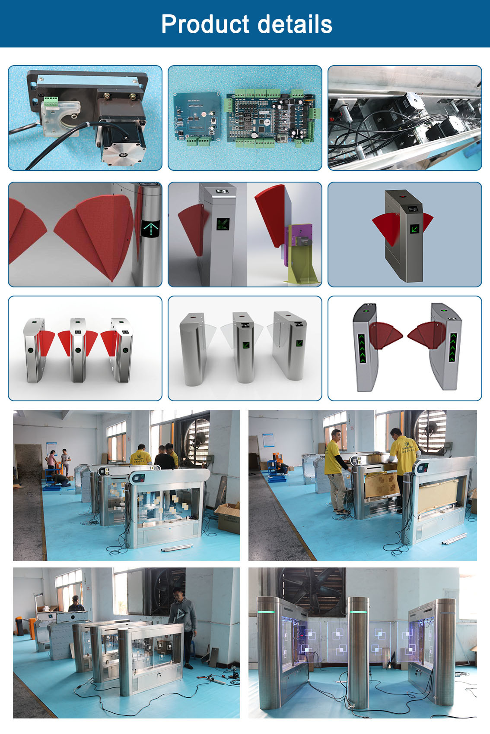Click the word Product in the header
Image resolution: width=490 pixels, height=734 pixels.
tap(205, 24)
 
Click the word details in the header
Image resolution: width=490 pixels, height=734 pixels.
tap(295, 24)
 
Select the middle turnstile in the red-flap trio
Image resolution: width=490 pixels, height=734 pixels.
tap(78, 349)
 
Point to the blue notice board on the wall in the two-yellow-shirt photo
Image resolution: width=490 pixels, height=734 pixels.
tap(268, 440)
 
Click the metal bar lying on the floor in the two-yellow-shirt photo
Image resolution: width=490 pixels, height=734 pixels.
tap(454, 539)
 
